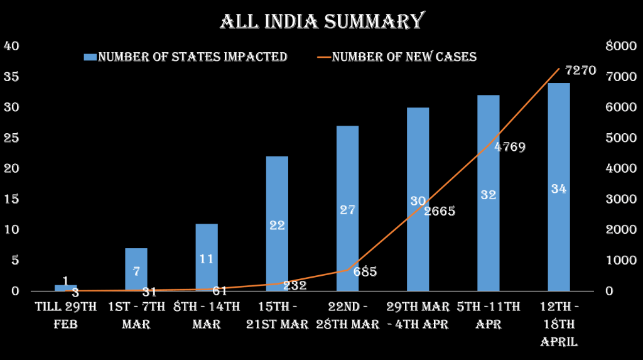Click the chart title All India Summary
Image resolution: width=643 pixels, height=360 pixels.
[321, 21]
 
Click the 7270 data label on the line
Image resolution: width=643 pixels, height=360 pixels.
[580, 70]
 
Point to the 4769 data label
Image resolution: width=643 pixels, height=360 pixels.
[509, 147]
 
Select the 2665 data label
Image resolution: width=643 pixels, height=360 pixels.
[439, 211]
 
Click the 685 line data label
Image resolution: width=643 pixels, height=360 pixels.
[364, 272]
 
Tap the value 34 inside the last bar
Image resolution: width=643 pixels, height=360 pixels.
[558, 188]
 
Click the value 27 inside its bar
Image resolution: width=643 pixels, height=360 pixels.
[347, 210]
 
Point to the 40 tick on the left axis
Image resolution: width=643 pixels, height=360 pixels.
[12, 46]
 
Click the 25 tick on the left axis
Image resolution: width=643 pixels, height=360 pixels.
[12, 138]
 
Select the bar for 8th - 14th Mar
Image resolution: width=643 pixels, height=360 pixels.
[207, 257]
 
